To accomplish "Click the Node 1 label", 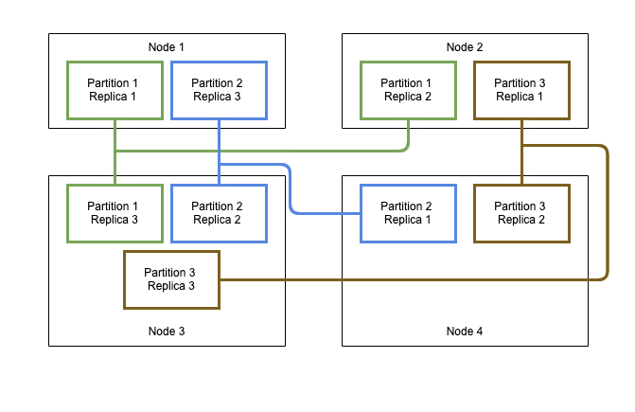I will (167, 47).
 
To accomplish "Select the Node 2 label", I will (464, 47).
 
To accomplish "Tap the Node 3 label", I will (167, 331).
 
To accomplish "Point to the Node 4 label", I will (464, 331).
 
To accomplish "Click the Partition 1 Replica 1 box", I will (115, 90).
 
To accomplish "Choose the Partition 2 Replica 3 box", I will (219, 90).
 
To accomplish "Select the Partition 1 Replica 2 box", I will (408, 90).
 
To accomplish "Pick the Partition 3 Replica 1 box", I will (521, 90).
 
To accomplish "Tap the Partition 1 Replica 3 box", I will (115, 213).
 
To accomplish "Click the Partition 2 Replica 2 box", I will (219, 213).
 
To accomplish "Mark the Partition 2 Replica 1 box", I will (408, 213).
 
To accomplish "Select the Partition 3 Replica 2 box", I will (521, 213).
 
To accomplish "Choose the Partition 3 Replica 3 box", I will (171, 279).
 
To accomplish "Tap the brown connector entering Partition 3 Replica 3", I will (379, 280).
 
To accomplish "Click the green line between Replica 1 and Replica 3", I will (115, 166).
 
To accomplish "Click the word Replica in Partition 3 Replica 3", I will (171, 286).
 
